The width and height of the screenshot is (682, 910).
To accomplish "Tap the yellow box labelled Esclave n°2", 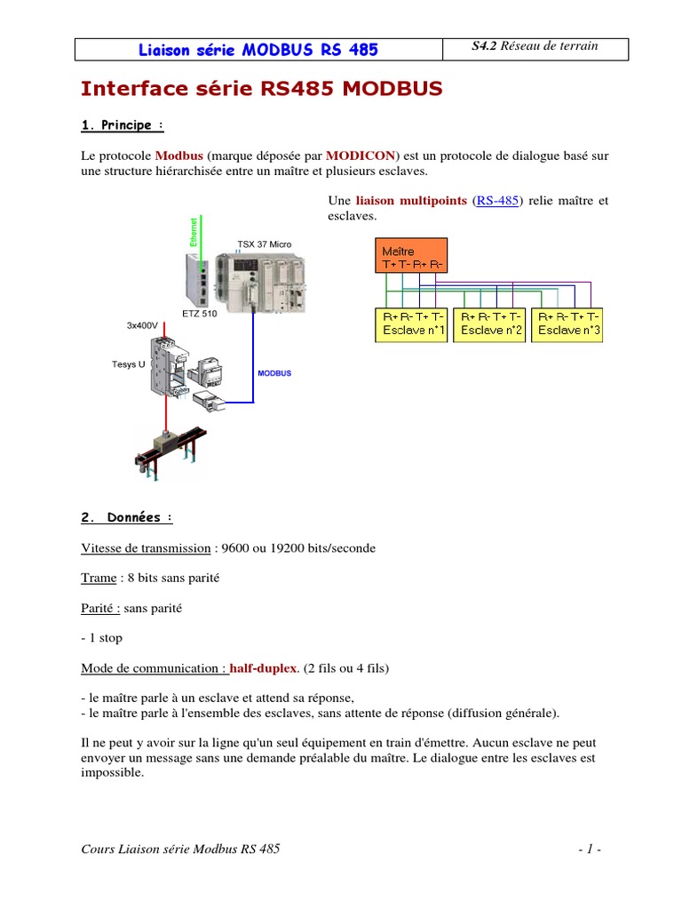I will [488, 324].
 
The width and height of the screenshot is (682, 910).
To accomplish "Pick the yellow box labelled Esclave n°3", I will [569, 324].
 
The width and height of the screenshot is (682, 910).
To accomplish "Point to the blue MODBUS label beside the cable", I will [274, 373].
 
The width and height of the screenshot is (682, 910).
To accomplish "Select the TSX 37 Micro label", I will [264, 244].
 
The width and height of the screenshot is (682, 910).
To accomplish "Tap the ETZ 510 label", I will [199, 315].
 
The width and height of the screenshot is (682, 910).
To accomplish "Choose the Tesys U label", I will [129, 364].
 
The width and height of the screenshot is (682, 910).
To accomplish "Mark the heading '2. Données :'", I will [126, 517].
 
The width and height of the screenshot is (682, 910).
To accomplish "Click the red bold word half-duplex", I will [265, 667].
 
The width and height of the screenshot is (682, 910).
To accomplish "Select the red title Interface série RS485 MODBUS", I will [261, 89].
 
